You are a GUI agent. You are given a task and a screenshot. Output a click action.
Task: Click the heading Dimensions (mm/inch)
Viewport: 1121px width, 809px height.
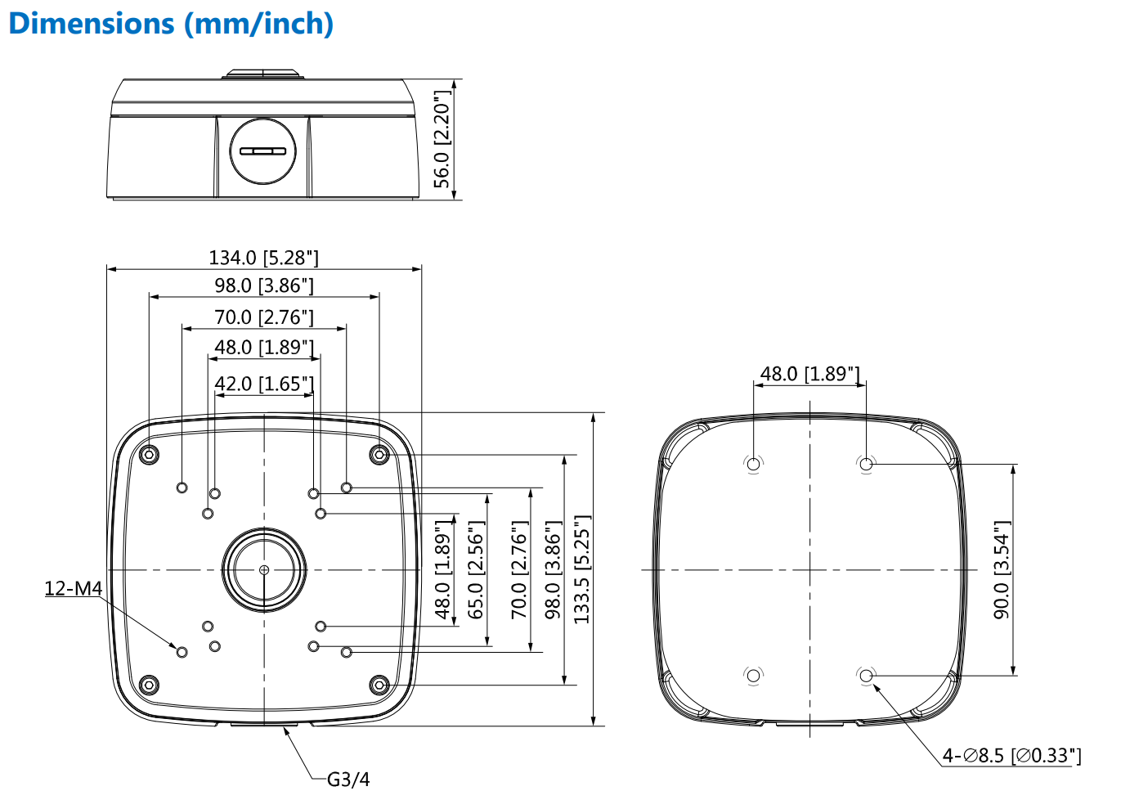[171, 24]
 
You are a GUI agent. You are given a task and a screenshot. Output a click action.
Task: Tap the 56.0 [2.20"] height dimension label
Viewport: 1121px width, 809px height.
[442, 140]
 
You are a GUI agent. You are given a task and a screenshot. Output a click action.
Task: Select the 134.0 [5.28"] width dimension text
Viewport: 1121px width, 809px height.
[263, 258]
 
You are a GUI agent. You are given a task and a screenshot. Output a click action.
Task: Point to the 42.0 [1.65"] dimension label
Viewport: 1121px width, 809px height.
[263, 384]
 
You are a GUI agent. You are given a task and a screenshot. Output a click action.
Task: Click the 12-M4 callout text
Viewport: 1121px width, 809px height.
[73, 588]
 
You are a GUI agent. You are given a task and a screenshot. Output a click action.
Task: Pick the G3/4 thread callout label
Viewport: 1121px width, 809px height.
[348, 780]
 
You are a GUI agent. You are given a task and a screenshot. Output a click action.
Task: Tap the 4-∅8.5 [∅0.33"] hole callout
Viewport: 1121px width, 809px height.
[1011, 756]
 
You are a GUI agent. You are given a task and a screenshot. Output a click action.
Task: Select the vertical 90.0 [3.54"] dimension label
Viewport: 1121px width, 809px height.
[1002, 570]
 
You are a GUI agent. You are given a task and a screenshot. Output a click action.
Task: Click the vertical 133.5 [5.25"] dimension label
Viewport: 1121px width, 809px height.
[581, 570]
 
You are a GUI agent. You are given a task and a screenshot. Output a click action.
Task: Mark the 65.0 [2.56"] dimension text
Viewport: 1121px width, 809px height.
[476, 570]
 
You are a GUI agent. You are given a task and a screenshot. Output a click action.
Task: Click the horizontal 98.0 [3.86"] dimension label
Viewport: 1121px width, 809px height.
[263, 285]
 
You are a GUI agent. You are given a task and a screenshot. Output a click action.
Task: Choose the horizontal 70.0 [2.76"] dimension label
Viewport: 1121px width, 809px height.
[263, 317]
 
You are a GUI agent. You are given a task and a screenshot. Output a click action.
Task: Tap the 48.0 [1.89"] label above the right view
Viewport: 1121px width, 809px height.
[809, 374]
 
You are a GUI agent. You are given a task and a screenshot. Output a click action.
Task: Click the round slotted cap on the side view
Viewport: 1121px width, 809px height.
[262, 151]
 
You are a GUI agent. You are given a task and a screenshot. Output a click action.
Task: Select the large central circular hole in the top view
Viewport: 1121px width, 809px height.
[263, 569]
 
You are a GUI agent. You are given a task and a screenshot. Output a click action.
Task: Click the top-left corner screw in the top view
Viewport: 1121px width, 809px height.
[149, 454]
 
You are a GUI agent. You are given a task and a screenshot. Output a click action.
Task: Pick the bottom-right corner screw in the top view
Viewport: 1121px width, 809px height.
[379, 685]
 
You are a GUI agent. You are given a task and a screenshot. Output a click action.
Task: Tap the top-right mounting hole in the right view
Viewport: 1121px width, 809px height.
[866, 464]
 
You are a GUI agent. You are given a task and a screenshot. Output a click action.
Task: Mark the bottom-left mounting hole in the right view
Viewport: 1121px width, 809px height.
[753, 676]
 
